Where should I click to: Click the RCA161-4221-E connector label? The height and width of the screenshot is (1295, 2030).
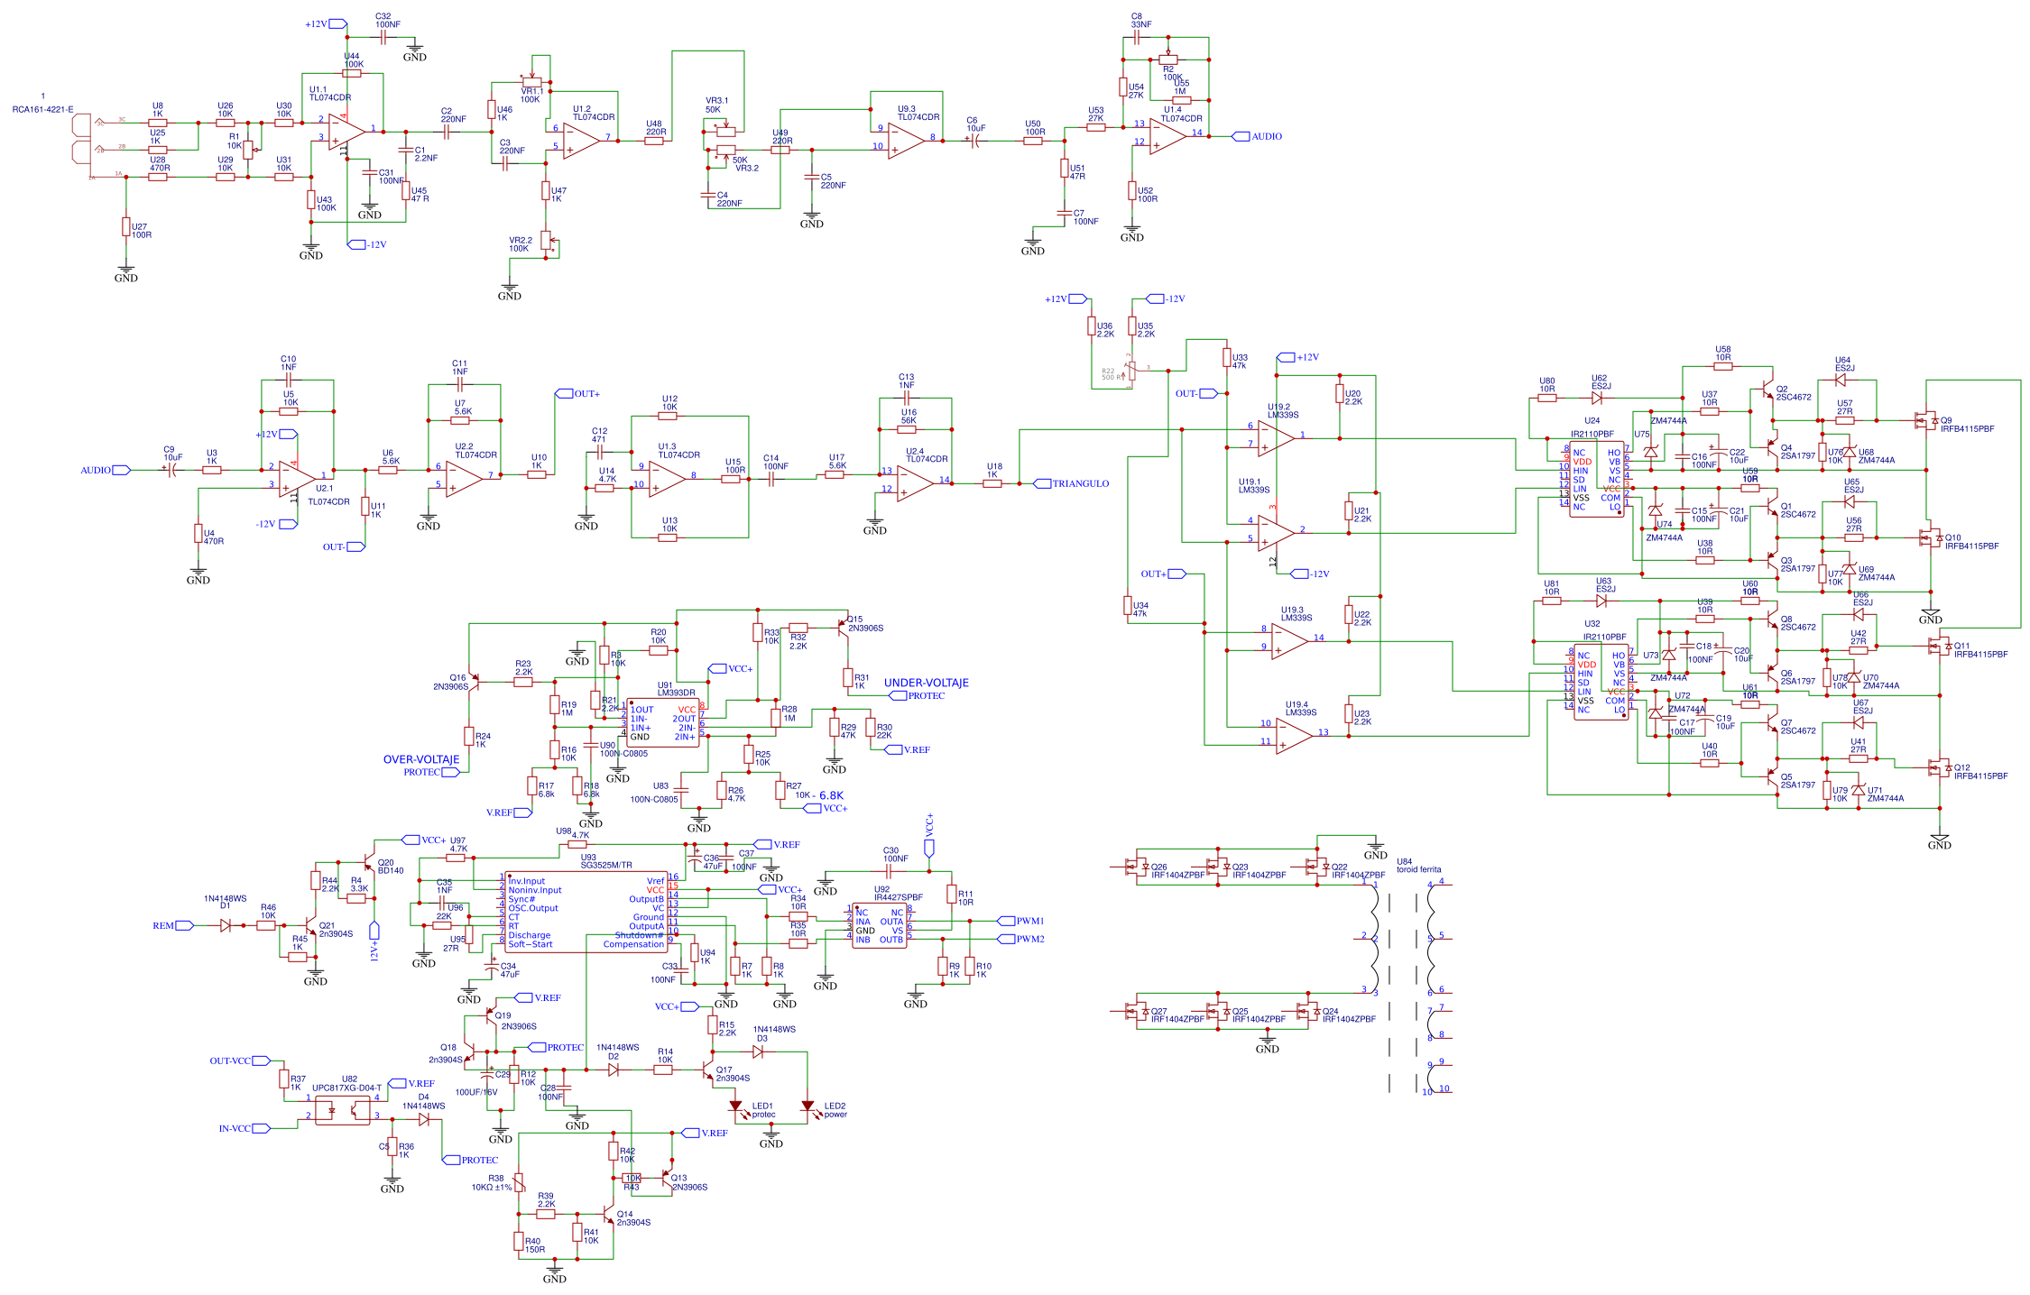click(x=42, y=109)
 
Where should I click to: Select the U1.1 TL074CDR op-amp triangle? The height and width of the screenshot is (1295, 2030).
click(x=346, y=132)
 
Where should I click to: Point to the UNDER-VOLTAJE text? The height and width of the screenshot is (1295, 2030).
click(x=926, y=683)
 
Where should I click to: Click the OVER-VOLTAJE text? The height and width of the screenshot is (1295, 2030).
click(x=420, y=759)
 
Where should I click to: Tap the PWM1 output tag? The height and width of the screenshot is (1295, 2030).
click(x=1020, y=921)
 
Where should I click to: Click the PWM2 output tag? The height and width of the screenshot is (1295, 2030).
click(x=1020, y=939)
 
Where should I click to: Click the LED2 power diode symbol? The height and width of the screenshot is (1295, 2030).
click(x=807, y=1106)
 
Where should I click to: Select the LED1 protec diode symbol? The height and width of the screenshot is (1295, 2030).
click(x=735, y=1106)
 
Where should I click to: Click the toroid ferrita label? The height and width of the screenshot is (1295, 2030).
click(x=1418, y=869)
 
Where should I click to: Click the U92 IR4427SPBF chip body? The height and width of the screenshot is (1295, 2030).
click(x=879, y=925)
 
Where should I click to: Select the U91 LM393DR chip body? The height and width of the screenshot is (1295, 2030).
click(x=663, y=721)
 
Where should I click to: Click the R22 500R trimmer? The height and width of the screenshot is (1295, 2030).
click(x=1130, y=371)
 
